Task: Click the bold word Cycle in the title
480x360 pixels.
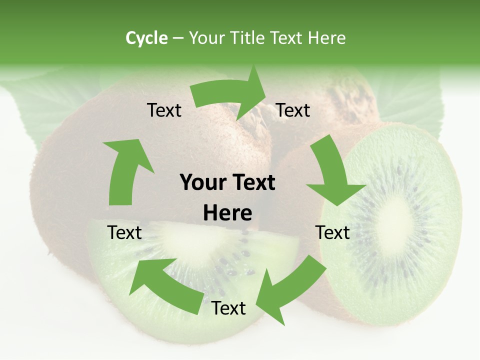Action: pyautogui.click(x=146, y=38)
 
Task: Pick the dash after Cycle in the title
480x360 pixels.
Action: pyautogui.click(x=177, y=38)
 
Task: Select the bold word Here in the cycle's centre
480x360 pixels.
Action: pyautogui.click(x=227, y=213)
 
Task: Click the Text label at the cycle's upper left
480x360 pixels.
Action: pyautogui.click(x=164, y=110)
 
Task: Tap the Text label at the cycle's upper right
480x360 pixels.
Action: pyautogui.click(x=293, y=110)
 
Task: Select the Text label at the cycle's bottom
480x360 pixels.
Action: pyautogui.click(x=228, y=308)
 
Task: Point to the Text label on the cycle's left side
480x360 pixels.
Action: pyautogui.click(x=124, y=232)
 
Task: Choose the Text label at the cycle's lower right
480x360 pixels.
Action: pyautogui.click(x=333, y=232)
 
